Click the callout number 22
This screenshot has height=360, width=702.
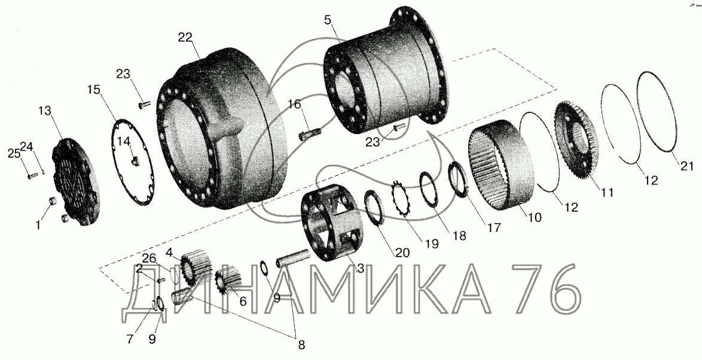pyautogui.click(x=185, y=38)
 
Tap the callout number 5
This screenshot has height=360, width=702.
pyautogui.click(x=329, y=20)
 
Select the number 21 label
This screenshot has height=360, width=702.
pyautogui.click(x=687, y=166)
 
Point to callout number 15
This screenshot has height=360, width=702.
pyautogui.click(x=94, y=90)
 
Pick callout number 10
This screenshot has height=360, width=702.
pyautogui.click(x=535, y=218)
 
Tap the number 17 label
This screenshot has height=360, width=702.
pyautogui.click(x=494, y=228)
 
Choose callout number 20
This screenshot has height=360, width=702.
pyautogui.click(x=402, y=253)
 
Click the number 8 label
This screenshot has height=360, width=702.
pyautogui.click(x=301, y=344)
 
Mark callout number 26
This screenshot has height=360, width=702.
pyautogui.click(x=149, y=258)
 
